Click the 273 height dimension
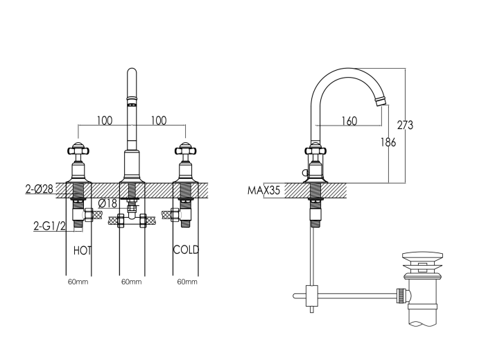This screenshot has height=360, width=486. [x=405, y=125]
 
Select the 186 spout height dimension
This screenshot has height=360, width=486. [x=388, y=142]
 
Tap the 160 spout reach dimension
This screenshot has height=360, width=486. [x=349, y=121]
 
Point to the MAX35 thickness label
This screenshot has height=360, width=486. [x=263, y=190]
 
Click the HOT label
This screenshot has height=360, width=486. [x=83, y=250]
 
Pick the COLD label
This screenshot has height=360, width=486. [x=186, y=250]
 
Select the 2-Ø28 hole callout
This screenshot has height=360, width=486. [x=40, y=189]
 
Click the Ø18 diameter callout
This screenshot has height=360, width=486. [x=107, y=203]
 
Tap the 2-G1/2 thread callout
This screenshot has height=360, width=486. [x=50, y=226]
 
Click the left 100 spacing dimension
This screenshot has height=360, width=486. [x=105, y=120]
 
